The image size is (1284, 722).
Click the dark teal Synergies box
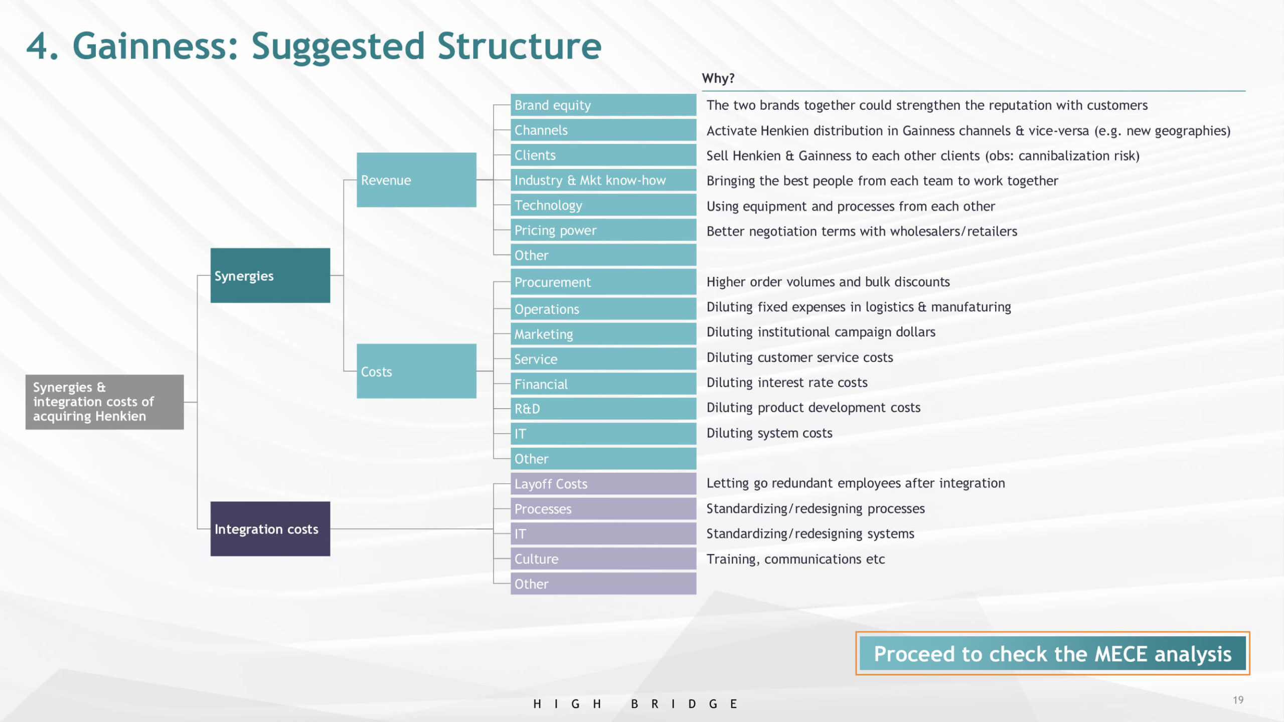tap(270, 275)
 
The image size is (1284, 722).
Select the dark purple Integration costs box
tap(270, 528)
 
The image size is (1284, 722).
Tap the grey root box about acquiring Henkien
tap(105, 402)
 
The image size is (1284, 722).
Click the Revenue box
tap(416, 180)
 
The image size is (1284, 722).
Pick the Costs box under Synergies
tap(416, 371)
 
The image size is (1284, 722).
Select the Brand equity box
tap(603, 105)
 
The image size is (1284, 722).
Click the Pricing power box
tap(603, 230)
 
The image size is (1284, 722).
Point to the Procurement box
tap(603, 282)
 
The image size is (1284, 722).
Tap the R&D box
tap(603, 409)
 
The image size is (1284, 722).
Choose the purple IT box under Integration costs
tap(603, 533)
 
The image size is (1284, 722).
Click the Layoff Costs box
tap(603, 483)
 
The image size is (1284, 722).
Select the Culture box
tap(603, 559)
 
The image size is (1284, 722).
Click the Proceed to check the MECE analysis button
tap(1052, 653)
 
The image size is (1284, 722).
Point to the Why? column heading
tap(718, 78)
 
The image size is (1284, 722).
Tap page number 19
tap(1238, 700)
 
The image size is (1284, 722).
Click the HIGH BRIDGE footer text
tap(635, 704)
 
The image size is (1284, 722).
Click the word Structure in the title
tap(519, 46)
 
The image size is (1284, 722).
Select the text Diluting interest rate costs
tap(787, 383)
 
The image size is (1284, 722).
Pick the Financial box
tap(603, 384)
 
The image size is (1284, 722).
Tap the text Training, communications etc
tap(795, 559)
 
